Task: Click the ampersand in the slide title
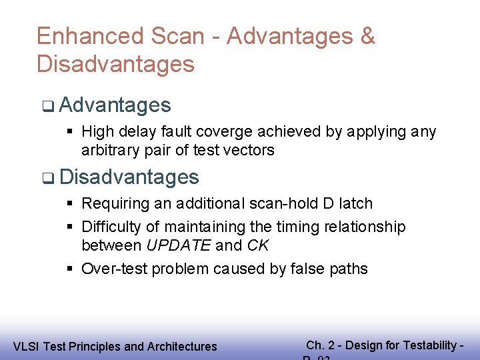coord(367,36)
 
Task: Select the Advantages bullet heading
coord(115,105)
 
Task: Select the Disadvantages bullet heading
coord(129,177)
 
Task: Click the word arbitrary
coord(107,150)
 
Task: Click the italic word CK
coord(258,245)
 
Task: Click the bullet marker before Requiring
coord(70,203)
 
